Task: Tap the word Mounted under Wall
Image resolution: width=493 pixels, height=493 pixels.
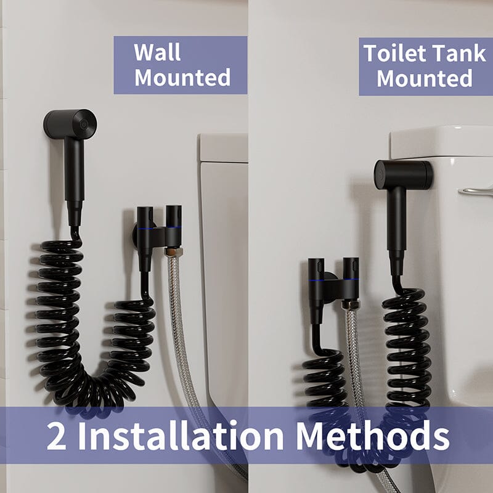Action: coord(182,78)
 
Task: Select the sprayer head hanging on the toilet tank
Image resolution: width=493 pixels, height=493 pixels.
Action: coord(403,174)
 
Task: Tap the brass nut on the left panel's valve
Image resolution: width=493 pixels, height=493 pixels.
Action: coord(173,251)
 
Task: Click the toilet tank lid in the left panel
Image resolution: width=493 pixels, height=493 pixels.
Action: coord(222,148)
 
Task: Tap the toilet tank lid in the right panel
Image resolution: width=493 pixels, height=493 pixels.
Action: coord(441,142)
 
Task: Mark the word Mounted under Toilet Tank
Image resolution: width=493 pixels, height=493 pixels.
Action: coord(425,79)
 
